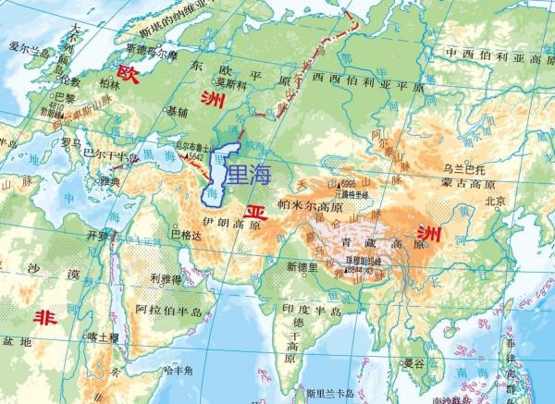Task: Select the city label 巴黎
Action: click(65, 96)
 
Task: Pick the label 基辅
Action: click(176, 111)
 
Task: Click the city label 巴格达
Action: click(186, 234)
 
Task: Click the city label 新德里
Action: click(302, 266)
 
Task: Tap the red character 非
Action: click(43, 317)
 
